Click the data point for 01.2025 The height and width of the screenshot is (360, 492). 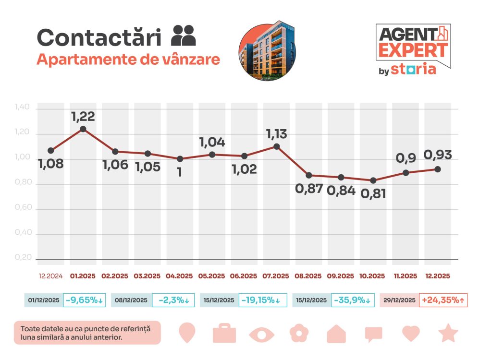[83, 129]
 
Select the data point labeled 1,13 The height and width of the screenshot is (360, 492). [276, 146]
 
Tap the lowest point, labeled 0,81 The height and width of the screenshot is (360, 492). [373, 180]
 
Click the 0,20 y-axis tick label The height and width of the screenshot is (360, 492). [23, 258]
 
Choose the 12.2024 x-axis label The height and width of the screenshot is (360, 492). [50, 276]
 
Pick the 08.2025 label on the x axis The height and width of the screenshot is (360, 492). [308, 276]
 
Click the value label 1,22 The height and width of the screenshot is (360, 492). [83, 116]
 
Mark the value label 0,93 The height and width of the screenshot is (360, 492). [438, 156]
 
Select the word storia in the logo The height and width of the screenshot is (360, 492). [413, 69]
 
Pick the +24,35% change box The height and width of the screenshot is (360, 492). [443, 300]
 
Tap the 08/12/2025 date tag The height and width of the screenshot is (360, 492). [131, 300]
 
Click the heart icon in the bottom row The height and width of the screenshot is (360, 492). [411, 333]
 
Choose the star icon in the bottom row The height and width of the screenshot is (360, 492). [448, 333]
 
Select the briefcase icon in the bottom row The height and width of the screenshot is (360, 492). [224, 333]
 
